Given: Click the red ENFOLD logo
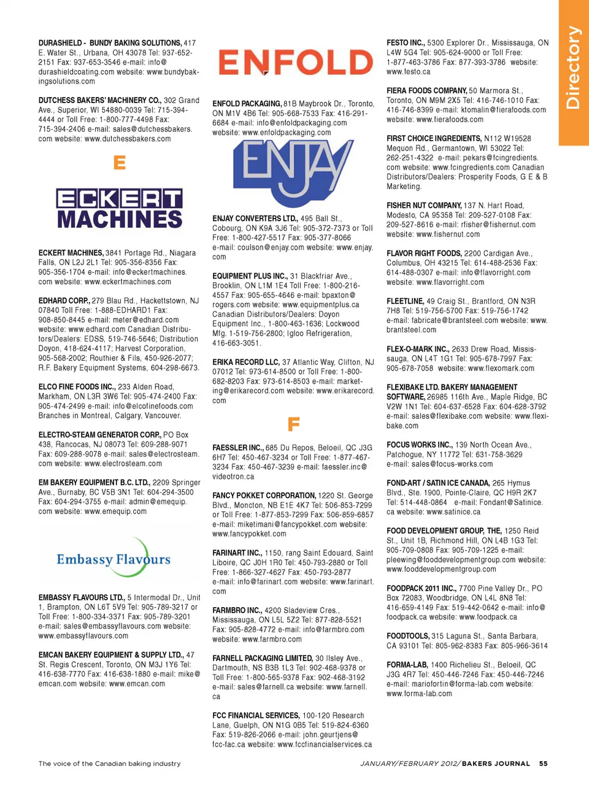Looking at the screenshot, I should [x=296, y=62].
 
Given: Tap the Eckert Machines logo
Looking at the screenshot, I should [x=120, y=209].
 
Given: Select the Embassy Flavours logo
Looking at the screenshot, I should [x=114, y=559].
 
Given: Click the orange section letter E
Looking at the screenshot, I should [x=120, y=163].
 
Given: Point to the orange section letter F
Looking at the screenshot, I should [x=293, y=424].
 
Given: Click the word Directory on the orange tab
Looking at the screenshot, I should [x=573, y=68].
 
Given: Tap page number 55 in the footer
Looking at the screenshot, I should [x=543, y=764].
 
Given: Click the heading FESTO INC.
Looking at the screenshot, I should [x=406, y=43].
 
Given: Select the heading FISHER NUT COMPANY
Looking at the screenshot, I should [x=424, y=206].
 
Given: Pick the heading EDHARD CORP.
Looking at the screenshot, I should [x=64, y=301].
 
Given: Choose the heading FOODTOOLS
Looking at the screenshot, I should [x=407, y=637].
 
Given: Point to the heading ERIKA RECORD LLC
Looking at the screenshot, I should [x=246, y=362].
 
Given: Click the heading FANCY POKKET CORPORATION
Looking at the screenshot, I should [x=264, y=495].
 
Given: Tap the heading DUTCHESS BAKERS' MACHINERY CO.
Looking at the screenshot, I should [x=99, y=100].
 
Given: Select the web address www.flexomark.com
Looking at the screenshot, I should [x=501, y=368].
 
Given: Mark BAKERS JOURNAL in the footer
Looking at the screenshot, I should [x=496, y=764].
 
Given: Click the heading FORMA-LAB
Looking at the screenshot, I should [x=407, y=665].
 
